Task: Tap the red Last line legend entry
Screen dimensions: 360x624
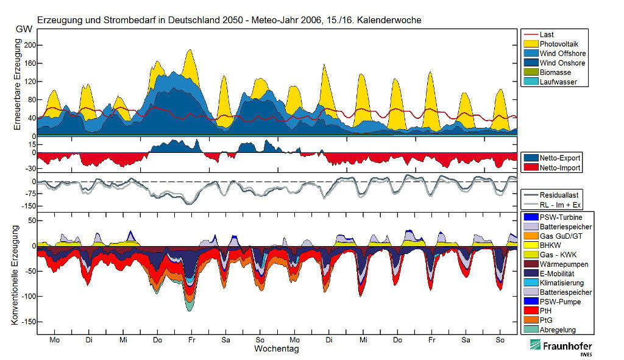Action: point(547,35)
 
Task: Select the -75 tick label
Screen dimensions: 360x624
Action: point(26,194)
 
